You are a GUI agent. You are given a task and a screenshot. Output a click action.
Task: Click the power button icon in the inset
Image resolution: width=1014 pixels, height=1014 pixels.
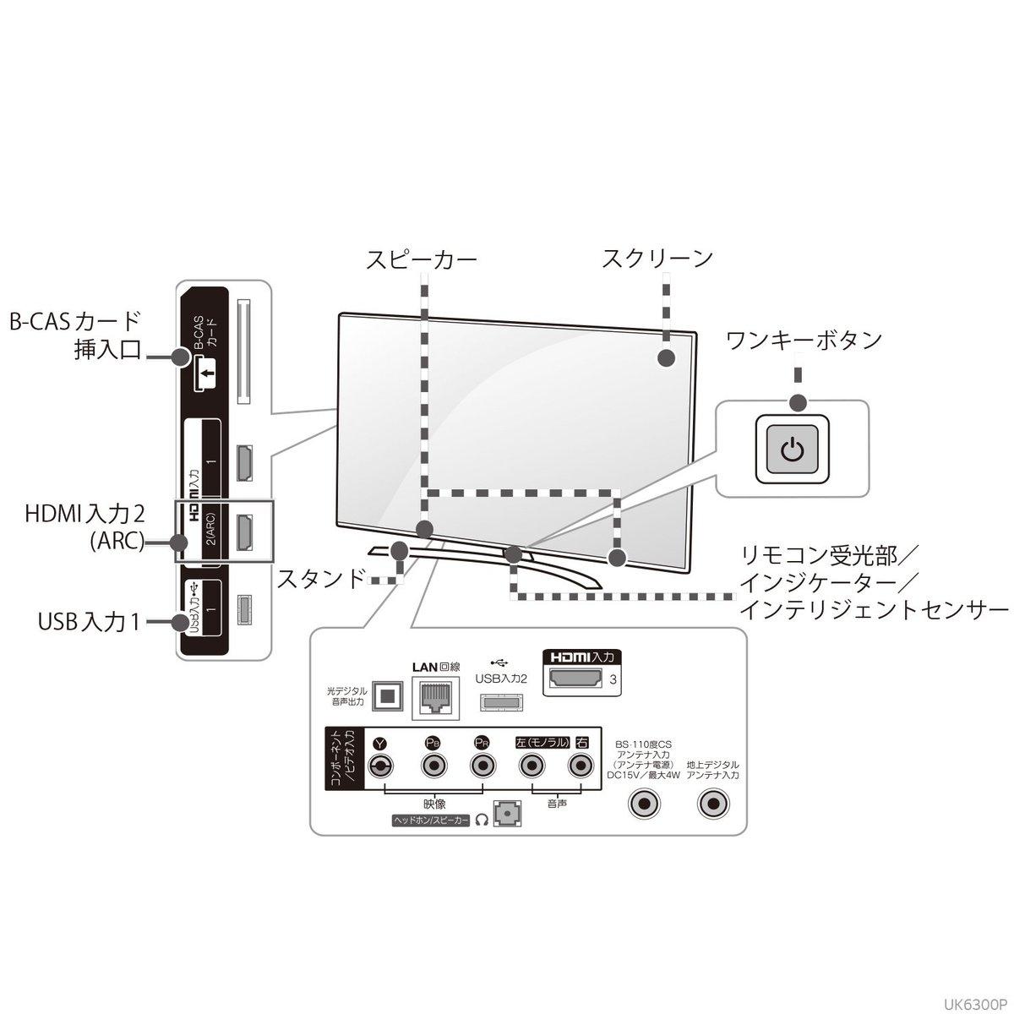(791, 449)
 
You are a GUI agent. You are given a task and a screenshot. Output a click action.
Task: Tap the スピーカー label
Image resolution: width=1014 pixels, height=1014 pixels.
(421, 259)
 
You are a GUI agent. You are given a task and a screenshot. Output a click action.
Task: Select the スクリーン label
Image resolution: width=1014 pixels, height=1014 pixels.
(657, 258)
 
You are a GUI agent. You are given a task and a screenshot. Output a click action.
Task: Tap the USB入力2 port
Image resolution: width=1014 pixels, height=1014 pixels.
(501, 702)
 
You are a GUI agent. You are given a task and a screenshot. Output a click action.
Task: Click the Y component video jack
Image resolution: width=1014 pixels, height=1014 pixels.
(381, 766)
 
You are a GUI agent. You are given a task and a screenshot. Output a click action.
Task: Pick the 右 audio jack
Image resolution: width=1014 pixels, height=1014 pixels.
(579, 766)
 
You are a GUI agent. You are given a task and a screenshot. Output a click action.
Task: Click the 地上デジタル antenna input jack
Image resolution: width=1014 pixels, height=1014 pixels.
(713, 804)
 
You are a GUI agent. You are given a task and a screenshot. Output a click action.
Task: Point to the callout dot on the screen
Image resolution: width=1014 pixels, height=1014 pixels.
(666, 357)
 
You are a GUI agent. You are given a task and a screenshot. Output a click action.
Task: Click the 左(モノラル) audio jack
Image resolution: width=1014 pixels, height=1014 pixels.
(530, 766)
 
